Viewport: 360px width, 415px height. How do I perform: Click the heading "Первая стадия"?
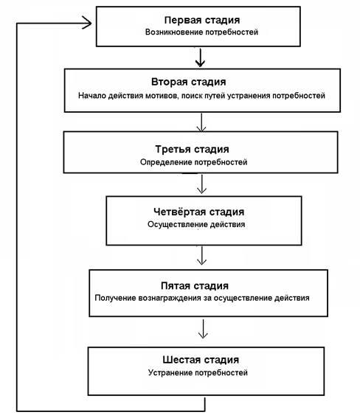(202, 20)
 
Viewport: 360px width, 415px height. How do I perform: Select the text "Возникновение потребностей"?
(201, 32)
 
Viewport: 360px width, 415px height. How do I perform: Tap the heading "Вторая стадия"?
(189, 82)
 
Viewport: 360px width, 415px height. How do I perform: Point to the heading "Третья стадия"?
(192, 150)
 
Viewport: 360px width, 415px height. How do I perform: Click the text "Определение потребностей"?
(193, 162)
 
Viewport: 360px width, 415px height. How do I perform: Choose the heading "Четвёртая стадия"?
(199, 212)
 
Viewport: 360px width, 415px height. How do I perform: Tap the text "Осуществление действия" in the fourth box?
(196, 225)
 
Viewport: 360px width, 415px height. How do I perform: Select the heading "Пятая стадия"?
(195, 286)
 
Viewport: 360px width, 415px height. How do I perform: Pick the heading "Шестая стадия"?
(201, 360)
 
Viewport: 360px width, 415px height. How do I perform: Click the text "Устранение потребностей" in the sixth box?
(198, 373)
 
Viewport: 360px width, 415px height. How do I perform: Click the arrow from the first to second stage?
(200, 57)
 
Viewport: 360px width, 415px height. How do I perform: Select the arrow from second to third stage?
(201, 122)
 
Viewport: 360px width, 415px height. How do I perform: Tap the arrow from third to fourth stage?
(202, 184)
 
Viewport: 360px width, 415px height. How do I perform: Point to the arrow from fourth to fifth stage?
(202, 256)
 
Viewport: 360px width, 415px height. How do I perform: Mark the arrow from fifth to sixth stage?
(203, 329)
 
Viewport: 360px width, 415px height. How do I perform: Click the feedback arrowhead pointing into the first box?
(88, 24)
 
